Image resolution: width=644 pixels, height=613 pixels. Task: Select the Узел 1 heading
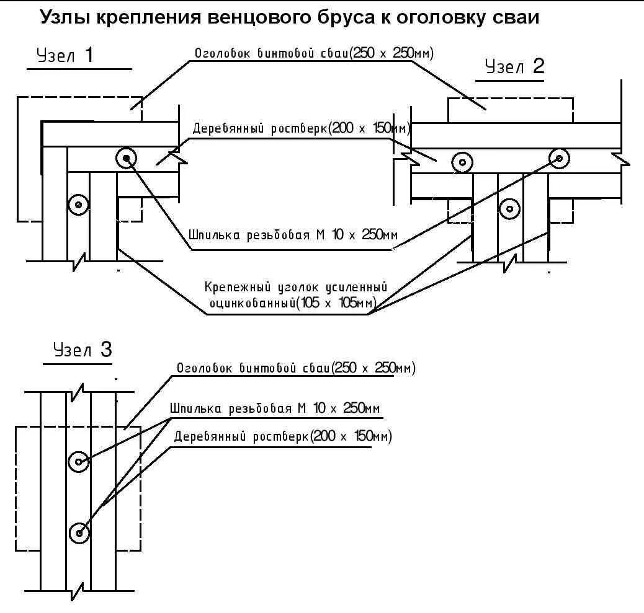coord(65,56)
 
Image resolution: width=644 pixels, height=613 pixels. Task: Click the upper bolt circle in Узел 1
coord(127,159)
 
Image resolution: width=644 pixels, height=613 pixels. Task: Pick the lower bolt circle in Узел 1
coord(78,204)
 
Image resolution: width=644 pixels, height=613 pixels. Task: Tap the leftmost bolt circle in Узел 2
coord(462,162)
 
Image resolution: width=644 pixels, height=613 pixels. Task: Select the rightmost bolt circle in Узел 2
coord(559,159)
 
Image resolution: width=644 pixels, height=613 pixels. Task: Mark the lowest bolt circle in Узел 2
coord(509,208)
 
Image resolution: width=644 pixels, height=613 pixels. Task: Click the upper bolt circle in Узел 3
coord(79,462)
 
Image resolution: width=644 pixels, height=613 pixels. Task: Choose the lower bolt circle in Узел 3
coord(79,532)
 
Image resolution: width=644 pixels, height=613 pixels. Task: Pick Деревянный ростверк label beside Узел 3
coord(242,437)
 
